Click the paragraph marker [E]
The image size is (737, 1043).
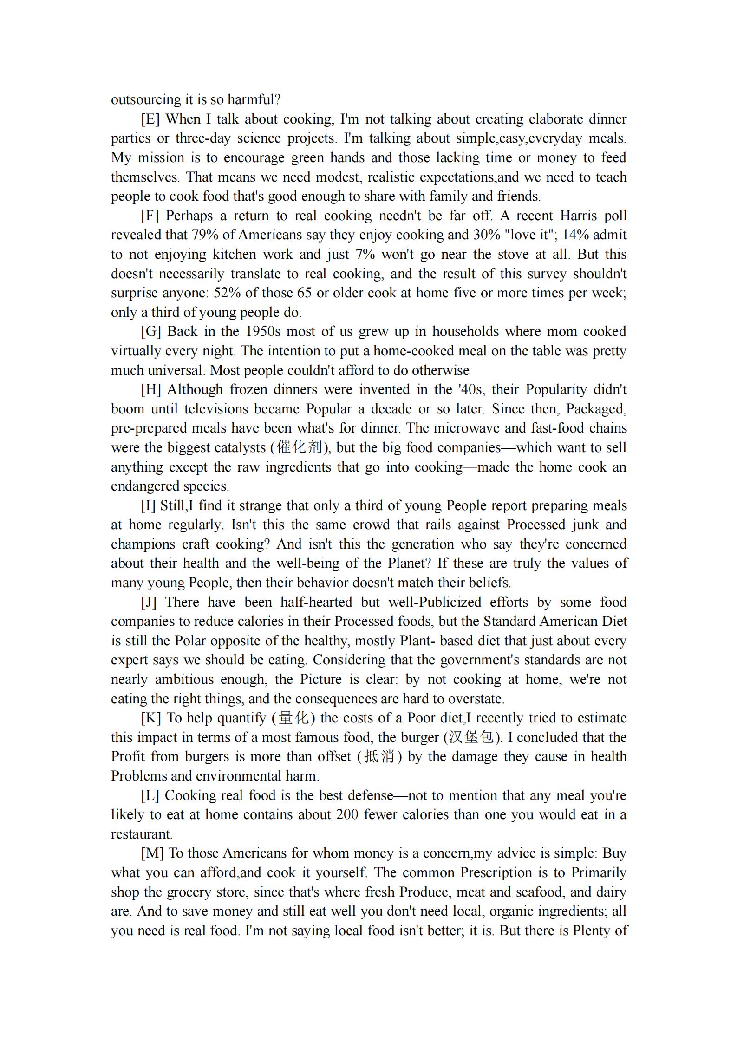click(x=150, y=119)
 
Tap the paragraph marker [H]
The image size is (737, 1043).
click(x=150, y=390)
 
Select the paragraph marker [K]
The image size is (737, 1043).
click(x=150, y=718)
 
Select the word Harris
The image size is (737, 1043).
click(x=579, y=216)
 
